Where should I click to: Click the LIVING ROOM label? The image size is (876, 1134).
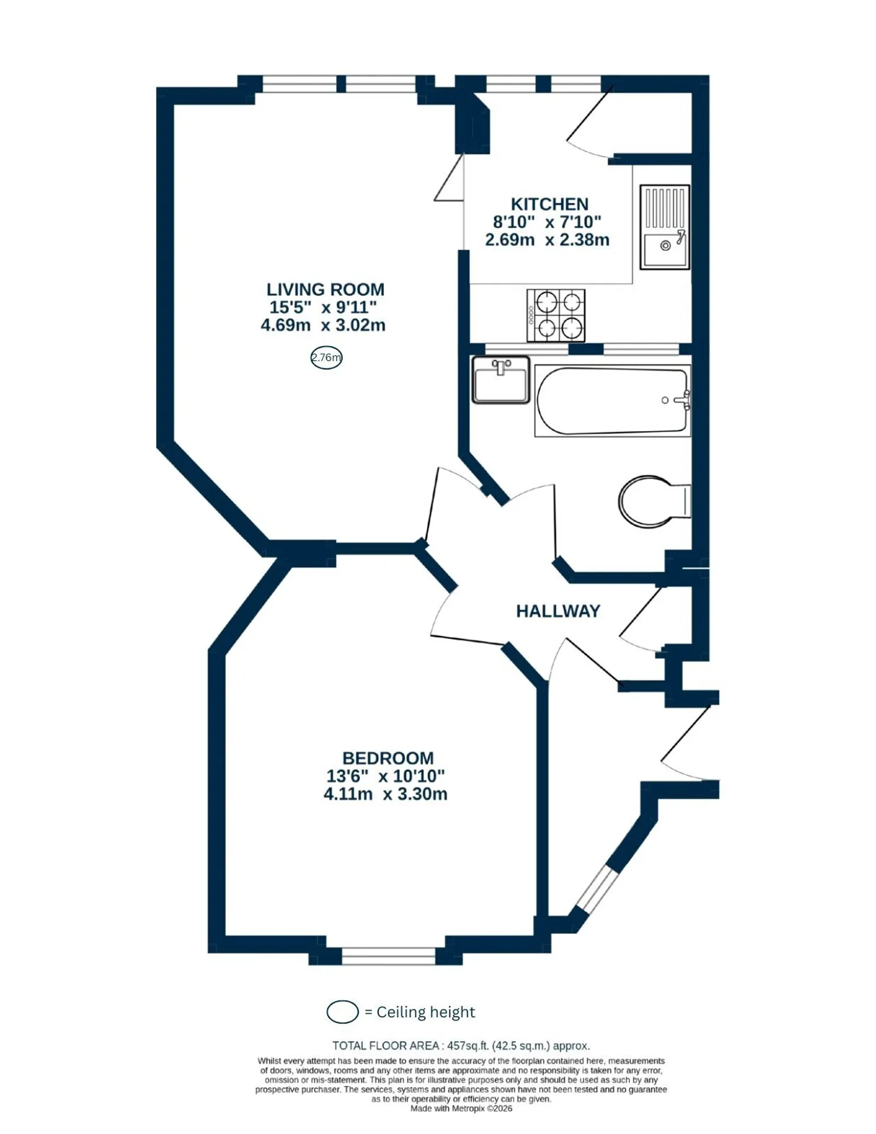pyautogui.click(x=325, y=289)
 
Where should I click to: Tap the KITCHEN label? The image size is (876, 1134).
pyautogui.click(x=549, y=204)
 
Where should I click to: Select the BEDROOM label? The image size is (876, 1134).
pyautogui.click(x=387, y=758)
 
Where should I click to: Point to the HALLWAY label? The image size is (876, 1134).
pyautogui.click(x=558, y=611)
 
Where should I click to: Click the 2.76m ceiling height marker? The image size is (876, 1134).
pyautogui.click(x=326, y=357)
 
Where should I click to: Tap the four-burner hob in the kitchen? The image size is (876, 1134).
pyautogui.click(x=555, y=315)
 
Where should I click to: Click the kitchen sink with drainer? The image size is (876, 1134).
pyautogui.click(x=665, y=227)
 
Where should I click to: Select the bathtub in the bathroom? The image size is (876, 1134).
pyautogui.click(x=612, y=401)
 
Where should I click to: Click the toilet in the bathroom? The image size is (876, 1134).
pyautogui.click(x=654, y=501)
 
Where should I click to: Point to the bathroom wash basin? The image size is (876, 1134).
pyautogui.click(x=500, y=380)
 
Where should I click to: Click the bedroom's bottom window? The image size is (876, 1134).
pyautogui.click(x=389, y=956)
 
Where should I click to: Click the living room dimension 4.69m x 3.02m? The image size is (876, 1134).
pyautogui.click(x=323, y=325)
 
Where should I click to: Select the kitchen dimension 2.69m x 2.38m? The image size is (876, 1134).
pyautogui.click(x=547, y=240)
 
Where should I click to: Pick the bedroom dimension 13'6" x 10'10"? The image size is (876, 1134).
pyautogui.click(x=385, y=776)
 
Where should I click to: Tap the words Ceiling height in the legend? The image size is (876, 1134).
pyautogui.click(x=426, y=1012)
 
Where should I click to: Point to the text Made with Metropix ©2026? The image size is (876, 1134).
pyautogui.click(x=461, y=1109)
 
